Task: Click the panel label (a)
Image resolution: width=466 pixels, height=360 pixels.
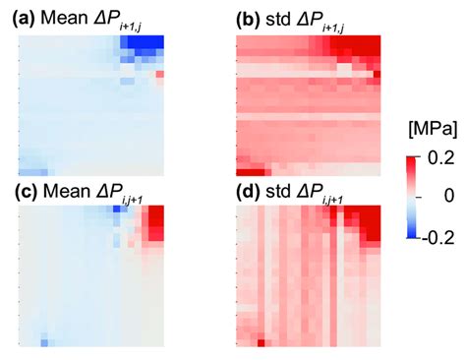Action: (x=21, y=17)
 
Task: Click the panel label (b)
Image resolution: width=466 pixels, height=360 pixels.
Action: (x=251, y=17)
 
